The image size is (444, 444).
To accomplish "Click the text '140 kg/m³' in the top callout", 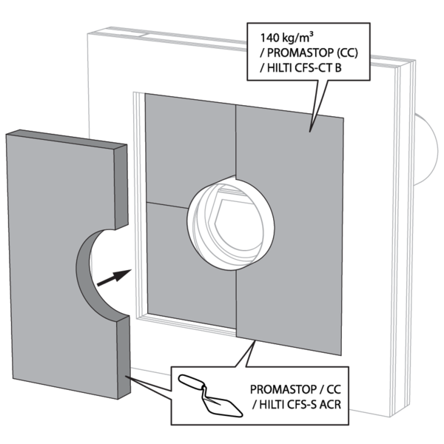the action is pos(286,37).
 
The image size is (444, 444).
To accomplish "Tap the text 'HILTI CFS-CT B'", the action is pos(304,68).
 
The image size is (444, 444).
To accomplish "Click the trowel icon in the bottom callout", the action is pos(210,395).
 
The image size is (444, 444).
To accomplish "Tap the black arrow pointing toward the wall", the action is pos(114,277).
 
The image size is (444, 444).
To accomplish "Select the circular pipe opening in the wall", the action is pos(230,223).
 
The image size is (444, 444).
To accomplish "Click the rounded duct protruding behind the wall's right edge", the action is pos(427,149).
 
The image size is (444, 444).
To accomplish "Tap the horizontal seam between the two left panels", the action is pos(167,206).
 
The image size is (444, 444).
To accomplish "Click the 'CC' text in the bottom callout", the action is pos(334,389).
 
